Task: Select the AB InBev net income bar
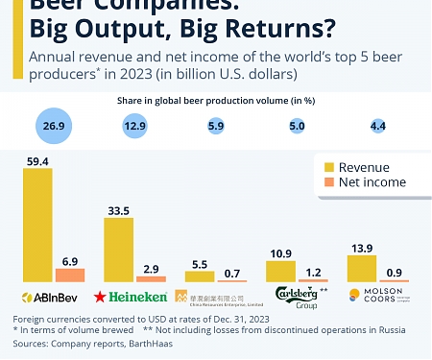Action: click(x=70, y=275)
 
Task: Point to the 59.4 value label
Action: click(x=37, y=161)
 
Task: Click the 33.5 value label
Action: click(x=118, y=210)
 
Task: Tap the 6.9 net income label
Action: click(x=70, y=260)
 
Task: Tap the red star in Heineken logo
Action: click(x=99, y=296)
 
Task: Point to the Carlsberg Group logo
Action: click(x=296, y=296)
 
